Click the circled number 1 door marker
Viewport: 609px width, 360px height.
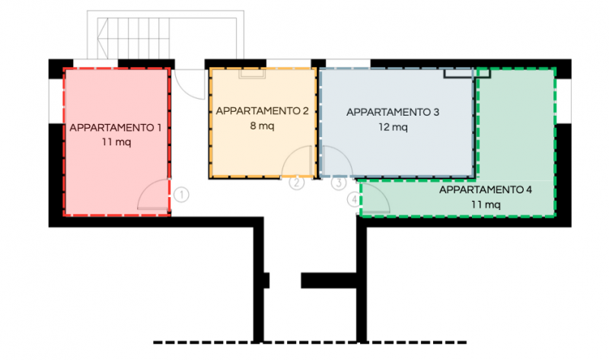tap(181, 195)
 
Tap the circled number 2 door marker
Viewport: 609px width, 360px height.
tap(297, 183)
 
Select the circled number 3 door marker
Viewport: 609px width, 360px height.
tap(339, 183)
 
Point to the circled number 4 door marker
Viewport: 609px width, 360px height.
tap(354, 200)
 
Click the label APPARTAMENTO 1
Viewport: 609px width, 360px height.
tap(116, 128)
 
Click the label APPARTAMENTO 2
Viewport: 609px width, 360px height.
tap(262, 111)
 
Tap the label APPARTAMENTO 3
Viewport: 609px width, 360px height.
tap(393, 112)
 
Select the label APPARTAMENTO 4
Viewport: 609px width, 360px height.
tap(486, 190)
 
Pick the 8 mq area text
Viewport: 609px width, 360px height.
tap(262, 126)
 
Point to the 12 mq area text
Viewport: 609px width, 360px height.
tap(393, 127)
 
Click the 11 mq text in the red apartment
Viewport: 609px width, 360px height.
tap(116, 142)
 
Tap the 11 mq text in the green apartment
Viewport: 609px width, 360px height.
tap(486, 205)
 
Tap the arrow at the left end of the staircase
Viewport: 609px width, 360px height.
tap(102, 38)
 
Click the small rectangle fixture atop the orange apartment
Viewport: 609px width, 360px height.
tap(252, 73)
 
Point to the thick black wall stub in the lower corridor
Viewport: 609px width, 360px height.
tap(329, 280)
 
